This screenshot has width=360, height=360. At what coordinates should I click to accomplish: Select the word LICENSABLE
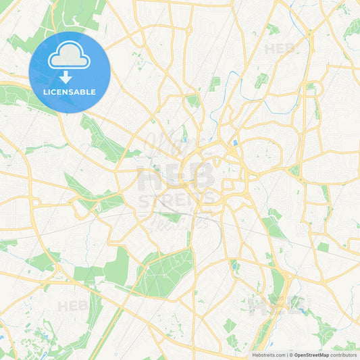click(x=70, y=92)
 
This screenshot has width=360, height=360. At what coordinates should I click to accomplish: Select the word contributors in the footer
click(x=344, y=355)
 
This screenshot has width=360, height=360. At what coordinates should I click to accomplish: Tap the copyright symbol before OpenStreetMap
click(x=291, y=355)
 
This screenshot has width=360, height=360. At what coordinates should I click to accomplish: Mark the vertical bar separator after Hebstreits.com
click(x=286, y=355)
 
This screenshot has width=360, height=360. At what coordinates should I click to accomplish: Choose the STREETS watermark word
click(x=177, y=200)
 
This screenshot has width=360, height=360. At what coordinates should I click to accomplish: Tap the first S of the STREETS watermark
click(x=143, y=200)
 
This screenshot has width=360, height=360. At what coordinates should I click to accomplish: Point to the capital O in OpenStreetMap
click(x=297, y=355)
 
